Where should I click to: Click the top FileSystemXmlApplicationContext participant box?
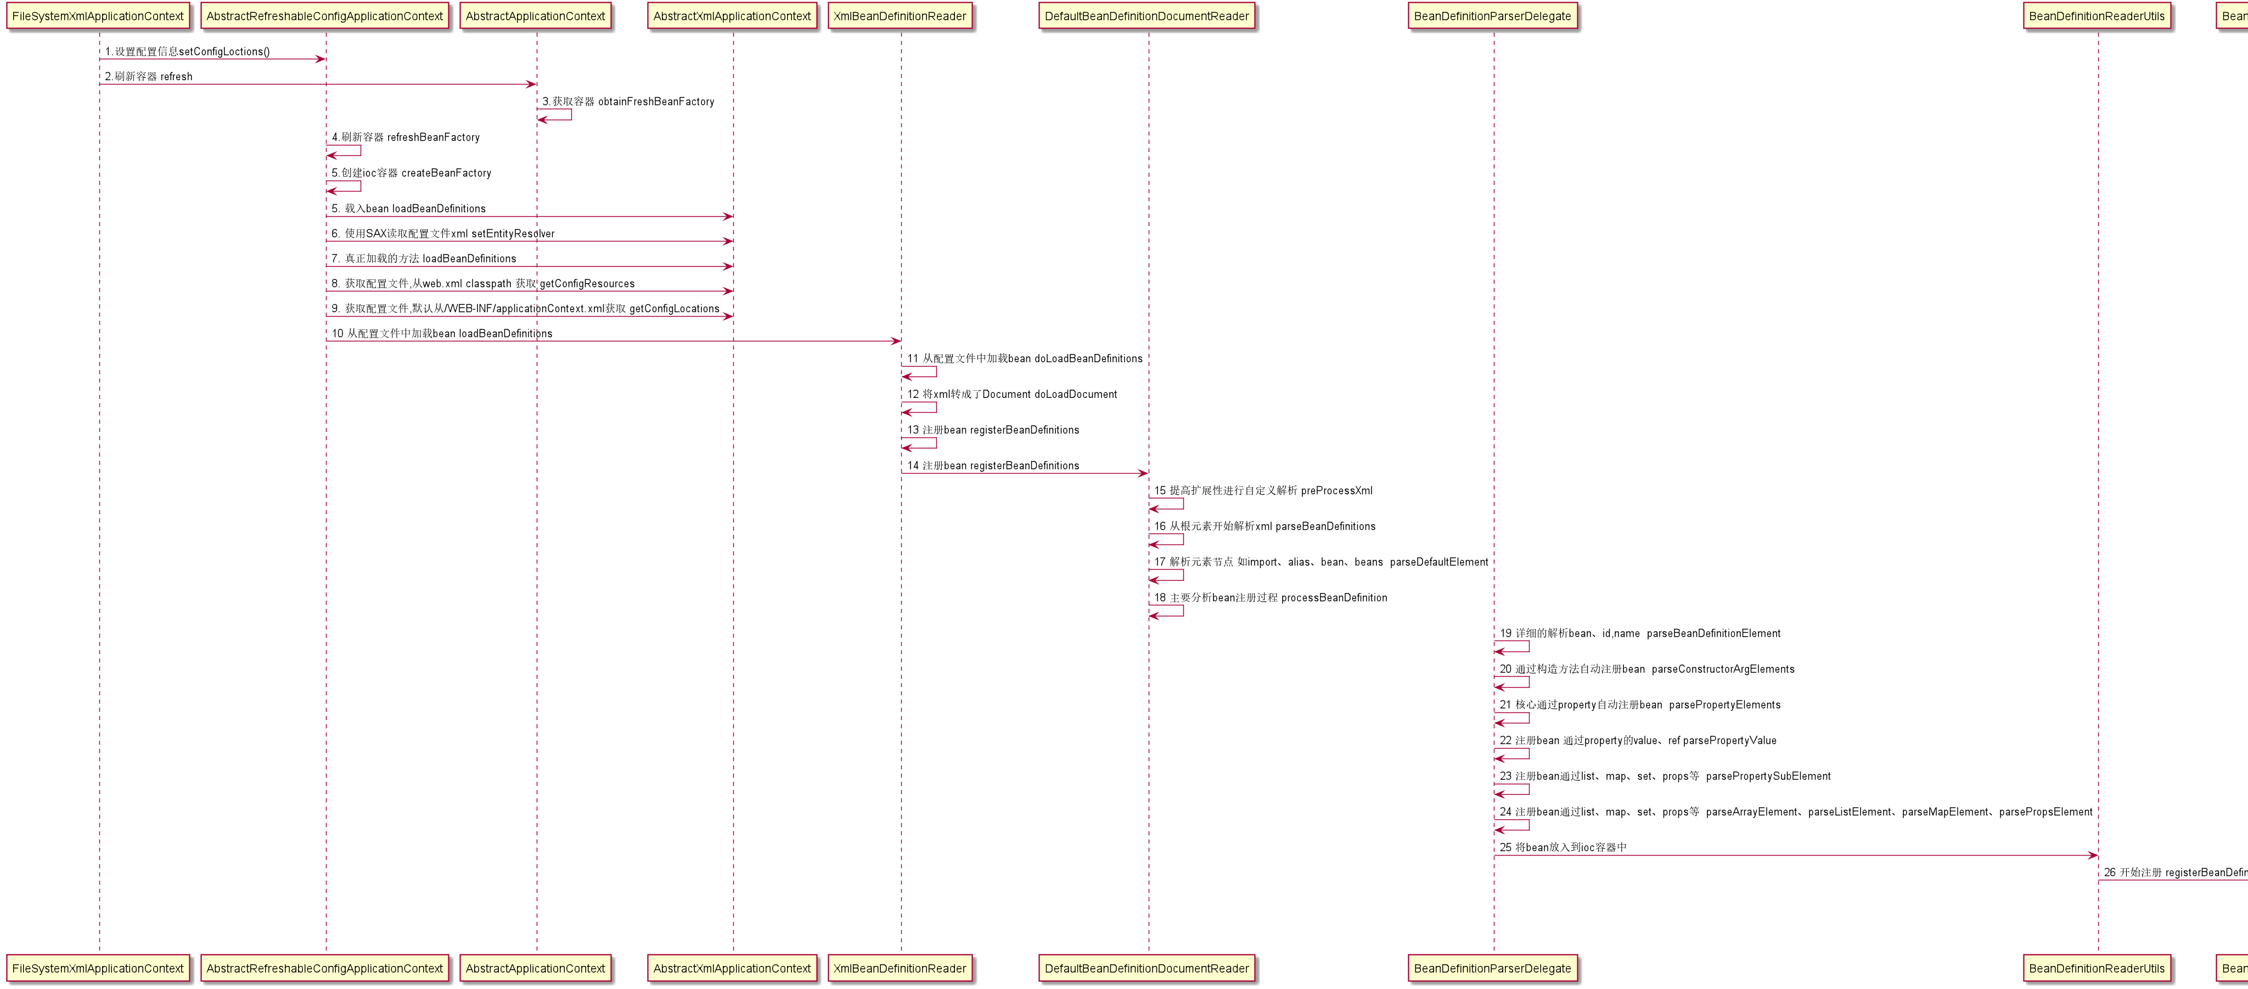[x=98, y=16]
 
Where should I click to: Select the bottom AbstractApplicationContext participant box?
[x=535, y=968]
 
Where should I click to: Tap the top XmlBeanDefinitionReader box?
[x=900, y=16]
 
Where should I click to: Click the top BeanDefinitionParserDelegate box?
[x=1492, y=16]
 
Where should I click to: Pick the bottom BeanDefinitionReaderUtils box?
[x=2096, y=968]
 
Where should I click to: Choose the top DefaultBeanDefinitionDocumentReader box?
[x=1147, y=16]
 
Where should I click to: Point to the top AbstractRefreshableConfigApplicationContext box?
[x=325, y=16]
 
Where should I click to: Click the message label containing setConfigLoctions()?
[x=188, y=52]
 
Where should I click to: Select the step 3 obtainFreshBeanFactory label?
[x=628, y=101]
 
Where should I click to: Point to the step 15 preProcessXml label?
[x=1263, y=491]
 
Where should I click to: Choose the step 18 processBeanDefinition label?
[x=1271, y=598]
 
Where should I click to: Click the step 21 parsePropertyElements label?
[x=1640, y=705]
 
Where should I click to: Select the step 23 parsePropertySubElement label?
[x=1665, y=776]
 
